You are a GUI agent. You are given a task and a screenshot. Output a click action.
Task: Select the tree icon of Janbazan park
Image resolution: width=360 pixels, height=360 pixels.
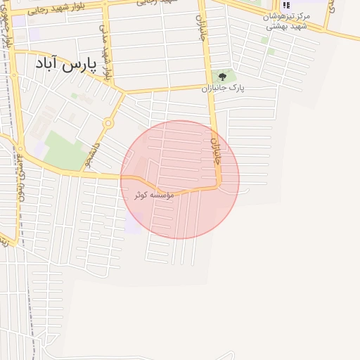[223, 76]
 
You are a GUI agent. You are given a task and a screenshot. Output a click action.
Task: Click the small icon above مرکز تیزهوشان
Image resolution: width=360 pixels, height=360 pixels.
[285, 5]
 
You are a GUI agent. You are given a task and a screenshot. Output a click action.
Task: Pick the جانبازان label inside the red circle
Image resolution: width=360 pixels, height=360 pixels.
[216, 150]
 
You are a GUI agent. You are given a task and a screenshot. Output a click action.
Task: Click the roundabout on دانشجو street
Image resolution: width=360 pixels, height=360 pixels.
[108, 123]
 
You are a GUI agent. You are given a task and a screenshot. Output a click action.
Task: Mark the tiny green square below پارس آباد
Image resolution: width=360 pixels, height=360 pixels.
[74, 96]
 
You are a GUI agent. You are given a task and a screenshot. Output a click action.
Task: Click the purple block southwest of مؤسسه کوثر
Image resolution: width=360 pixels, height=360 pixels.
[134, 223]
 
